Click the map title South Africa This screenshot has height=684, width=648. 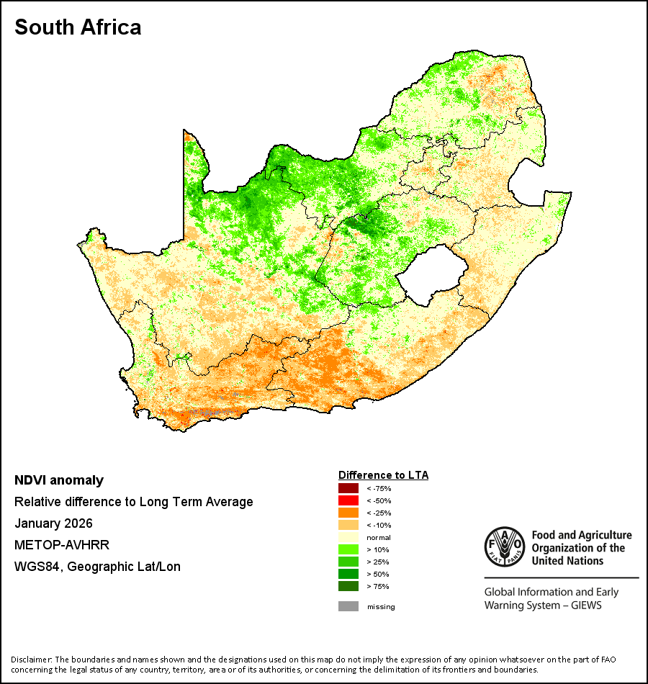pyautogui.click(x=78, y=27)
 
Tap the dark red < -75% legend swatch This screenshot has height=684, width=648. pyautogui.click(x=348, y=488)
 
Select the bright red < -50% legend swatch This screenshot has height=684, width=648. pyautogui.click(x=348, y=500)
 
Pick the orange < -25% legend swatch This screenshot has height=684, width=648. pyautogui.click(x=348, y=513)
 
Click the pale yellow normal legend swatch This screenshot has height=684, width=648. pyautogui.click(x=348, y=537)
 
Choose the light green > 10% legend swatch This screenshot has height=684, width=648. pyautogui.click(x=348, y=549)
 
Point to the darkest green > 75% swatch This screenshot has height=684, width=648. pyautogui.click(x=348, y=586)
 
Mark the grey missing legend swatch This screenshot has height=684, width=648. pyautogui.click(x=348, y=606)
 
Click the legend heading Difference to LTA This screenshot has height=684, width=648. pyautogui.click(x=383, y=475)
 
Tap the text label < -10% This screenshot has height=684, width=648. pyautogui.click(x=379, y=525)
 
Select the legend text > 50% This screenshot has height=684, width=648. pyautogui.click(x=378, y=574)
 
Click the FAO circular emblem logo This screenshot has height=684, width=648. pyautogui.click(x=505, y=546)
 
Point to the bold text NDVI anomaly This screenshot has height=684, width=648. pyautogui.click(x=59, y=480)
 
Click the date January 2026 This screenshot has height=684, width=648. pyautogui.click(x=54, y=523)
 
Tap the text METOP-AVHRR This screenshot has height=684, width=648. pyautogui.click(x=62, y=545)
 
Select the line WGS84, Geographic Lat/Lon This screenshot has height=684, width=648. pyautogui.click(x=97, y=567)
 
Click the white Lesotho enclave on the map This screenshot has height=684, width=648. pyautogui.click(x=432, y=275)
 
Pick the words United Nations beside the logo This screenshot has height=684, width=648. pyautogui.click(x=567, y=561)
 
